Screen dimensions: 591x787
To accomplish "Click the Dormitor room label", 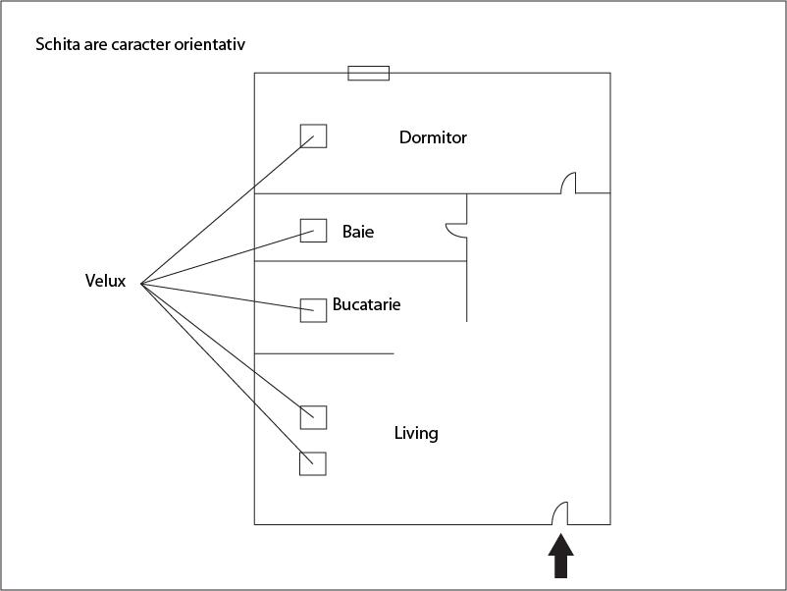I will coord(433,137).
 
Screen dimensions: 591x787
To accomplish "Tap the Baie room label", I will coord(358,233).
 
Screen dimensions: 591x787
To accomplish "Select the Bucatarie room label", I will coord(366,304).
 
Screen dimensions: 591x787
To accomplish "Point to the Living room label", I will coord(416,433).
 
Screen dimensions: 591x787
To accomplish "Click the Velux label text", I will coord(105,282).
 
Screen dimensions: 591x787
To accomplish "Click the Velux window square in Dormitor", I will coord(313,135).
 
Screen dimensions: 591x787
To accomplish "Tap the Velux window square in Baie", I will coord(313,231).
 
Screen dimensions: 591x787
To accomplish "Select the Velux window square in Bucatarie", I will coord(313,309).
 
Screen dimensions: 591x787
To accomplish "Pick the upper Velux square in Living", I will coord(313,416).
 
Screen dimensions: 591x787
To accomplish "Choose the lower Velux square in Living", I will coord(312,463).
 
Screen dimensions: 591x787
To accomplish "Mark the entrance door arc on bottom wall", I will coord(559,512).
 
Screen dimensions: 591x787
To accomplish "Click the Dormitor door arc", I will coord(568,184).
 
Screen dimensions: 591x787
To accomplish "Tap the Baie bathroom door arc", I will coord(455,230).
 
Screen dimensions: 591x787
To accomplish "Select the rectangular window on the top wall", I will coord(369,73).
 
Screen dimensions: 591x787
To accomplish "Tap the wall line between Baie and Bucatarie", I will coord(360,261).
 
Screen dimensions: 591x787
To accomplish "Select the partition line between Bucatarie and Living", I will coord(324,353).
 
